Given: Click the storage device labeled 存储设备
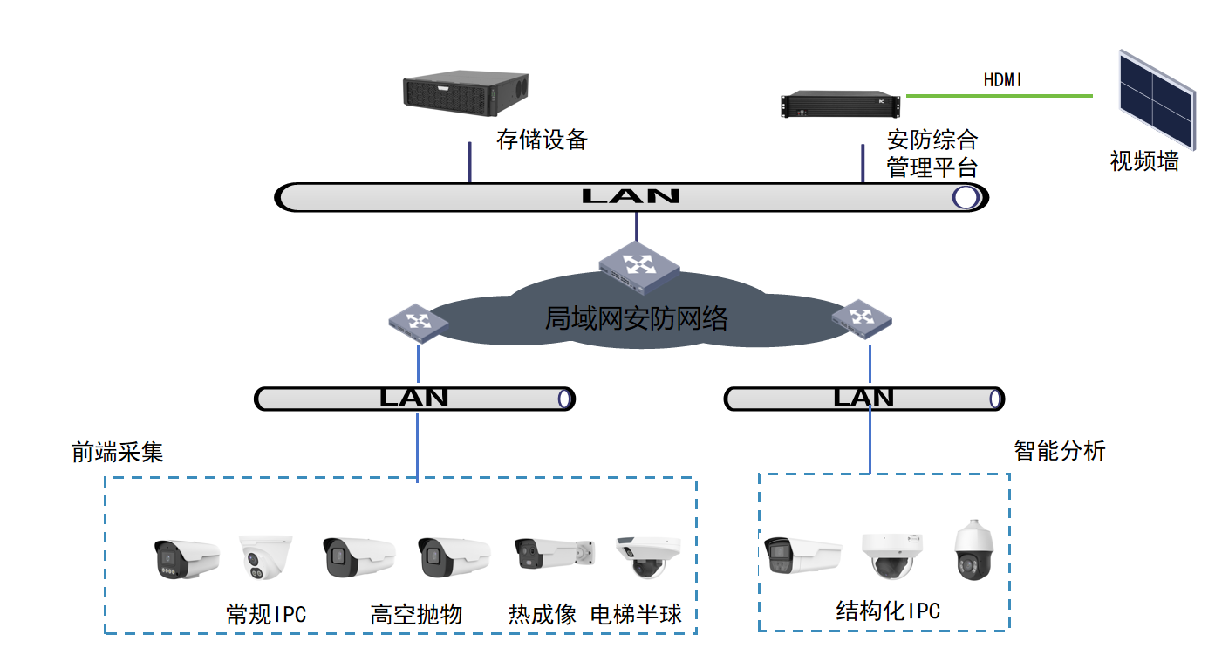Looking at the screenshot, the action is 466,92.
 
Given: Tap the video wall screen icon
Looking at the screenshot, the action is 1157,99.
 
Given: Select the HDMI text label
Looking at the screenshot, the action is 1002,80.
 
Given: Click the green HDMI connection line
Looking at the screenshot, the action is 999,96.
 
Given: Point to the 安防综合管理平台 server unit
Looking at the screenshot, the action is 840,104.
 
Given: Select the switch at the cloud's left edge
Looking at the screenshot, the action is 418,324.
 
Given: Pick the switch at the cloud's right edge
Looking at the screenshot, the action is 862,319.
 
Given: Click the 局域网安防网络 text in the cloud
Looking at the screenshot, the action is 636,318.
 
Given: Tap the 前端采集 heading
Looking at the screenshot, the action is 117,452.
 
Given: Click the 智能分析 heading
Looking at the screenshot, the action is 1060,451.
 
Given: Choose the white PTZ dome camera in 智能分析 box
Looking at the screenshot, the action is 973,549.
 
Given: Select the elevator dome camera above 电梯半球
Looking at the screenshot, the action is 648,556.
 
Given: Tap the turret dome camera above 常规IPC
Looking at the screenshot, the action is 266,556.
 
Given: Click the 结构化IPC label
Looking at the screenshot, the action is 888,611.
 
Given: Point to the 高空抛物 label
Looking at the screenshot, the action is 416,614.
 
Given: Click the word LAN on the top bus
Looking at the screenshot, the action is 631,196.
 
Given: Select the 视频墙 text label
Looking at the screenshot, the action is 1144,161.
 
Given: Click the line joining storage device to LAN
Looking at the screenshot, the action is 470,162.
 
